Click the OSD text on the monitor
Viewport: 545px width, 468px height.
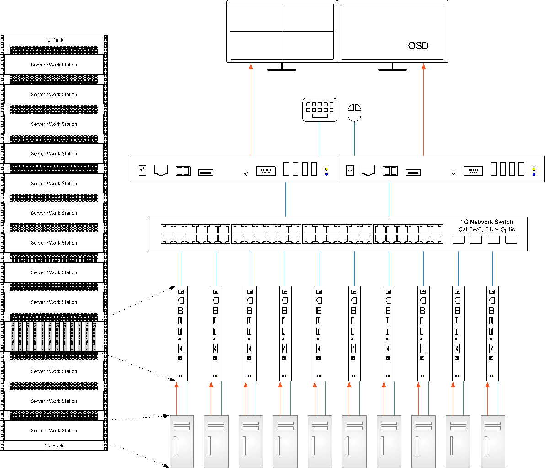(418, 45)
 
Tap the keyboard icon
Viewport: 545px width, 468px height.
(320, 110)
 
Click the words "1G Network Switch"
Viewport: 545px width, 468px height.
(486, 222)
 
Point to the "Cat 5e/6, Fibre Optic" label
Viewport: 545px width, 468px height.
(486, 229)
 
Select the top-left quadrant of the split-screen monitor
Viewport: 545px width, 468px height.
(256, 18)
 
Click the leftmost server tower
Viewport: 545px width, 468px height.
(182, 441)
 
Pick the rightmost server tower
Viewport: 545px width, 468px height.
(493, 441)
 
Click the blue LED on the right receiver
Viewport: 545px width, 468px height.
(534, 174)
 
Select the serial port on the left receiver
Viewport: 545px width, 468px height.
(266, 171)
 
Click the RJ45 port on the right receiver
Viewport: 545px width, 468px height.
(368, 170)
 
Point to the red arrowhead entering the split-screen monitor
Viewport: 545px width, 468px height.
(251, 66)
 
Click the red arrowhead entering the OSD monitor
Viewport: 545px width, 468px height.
(423, 66)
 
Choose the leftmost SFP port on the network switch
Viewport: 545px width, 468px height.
(458, 239)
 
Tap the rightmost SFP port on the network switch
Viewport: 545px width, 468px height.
(511, 239)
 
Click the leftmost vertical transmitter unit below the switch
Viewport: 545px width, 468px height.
(182, 333)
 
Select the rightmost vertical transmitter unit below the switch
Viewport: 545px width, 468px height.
(492, 333)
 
